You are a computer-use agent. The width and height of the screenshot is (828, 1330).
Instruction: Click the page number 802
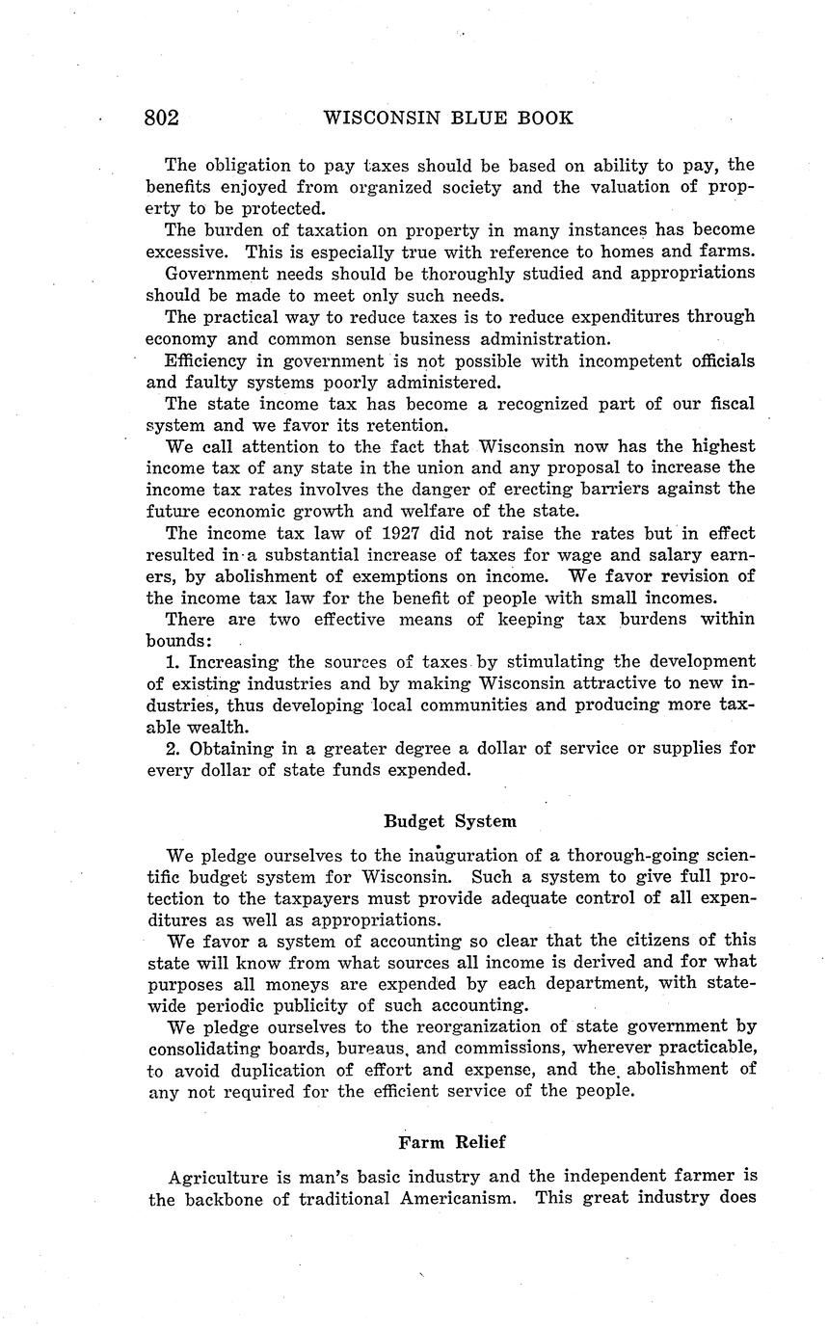point(162,119)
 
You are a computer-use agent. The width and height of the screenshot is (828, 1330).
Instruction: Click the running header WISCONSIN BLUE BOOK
point(448,119)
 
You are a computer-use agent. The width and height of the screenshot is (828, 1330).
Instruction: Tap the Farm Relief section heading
point(451,1142)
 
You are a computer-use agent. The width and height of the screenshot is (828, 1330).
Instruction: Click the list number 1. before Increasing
point(174,662)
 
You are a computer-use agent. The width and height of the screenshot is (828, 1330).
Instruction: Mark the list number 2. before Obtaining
point(174,748)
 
